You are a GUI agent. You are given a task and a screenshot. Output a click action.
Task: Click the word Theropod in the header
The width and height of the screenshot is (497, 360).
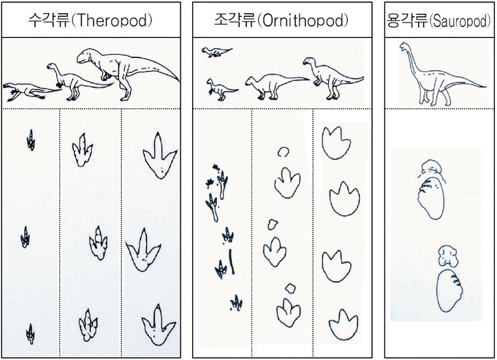[113, 21]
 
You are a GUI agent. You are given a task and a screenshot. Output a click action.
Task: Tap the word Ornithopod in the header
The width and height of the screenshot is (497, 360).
[303, 21]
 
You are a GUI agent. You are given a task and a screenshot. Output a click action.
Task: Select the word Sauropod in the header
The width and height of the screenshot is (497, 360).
[460, 21]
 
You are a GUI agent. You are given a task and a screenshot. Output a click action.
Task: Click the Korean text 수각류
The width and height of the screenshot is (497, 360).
[49, 20]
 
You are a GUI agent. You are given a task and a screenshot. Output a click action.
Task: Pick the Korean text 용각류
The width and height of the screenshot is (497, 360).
[407, 21]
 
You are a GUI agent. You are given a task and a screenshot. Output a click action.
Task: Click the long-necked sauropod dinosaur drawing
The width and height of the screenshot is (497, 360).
[441, 74]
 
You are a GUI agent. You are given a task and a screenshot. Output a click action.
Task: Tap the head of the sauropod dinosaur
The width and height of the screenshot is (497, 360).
[403, 47]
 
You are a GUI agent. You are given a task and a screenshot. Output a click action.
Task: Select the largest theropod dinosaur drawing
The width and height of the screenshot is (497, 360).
[127, 74]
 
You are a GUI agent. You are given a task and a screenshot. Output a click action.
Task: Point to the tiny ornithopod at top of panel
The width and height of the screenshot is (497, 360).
[216, 52]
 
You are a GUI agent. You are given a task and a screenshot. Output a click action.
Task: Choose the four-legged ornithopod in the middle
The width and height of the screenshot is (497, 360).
[276, 86]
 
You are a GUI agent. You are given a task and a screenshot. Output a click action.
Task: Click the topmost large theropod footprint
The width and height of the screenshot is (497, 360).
[159, 156]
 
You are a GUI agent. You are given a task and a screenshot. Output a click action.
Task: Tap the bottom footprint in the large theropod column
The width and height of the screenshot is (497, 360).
[158, 326]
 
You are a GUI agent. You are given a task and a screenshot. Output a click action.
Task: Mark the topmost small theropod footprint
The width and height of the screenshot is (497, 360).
[31, 140]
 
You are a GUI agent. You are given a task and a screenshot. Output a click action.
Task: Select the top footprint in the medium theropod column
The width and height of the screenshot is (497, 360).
[82, 150]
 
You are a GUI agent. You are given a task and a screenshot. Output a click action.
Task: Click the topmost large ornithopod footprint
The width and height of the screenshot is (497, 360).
[336, 143]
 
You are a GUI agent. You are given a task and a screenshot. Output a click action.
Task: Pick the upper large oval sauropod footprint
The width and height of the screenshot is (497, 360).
[431, 198]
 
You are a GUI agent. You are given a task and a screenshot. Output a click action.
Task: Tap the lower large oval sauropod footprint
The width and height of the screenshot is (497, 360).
[449, 291]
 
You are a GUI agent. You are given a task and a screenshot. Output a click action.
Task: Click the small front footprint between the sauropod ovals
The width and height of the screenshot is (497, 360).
[448, 256]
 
